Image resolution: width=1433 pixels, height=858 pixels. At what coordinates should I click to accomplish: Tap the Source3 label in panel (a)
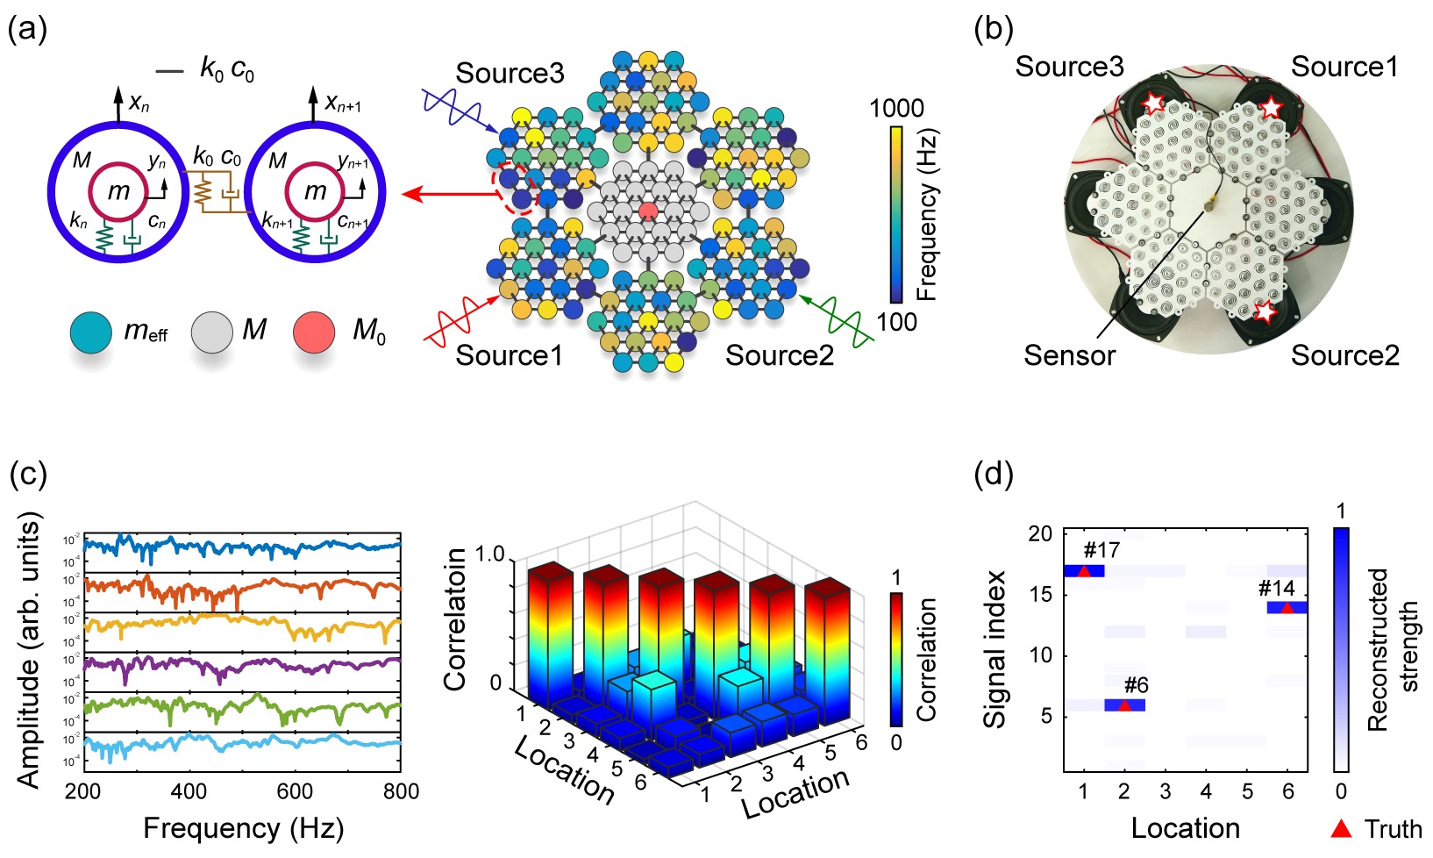510,73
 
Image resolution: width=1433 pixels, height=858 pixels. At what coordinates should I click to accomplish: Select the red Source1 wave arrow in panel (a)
460,319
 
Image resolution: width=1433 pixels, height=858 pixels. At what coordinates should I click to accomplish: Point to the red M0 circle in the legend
314,332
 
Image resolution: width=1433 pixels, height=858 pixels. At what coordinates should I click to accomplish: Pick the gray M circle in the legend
211,332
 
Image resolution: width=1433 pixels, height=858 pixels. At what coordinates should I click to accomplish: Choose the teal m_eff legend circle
90,332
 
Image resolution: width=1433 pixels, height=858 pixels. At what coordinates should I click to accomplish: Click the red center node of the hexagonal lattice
648,211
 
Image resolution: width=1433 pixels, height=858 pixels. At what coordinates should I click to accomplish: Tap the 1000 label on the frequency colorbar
896,109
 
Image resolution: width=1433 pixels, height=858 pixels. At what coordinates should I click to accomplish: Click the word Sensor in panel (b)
1069,355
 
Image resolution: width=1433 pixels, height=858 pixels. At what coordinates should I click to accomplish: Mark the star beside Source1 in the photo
1271,107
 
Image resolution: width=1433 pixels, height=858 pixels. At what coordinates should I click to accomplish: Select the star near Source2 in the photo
1264,311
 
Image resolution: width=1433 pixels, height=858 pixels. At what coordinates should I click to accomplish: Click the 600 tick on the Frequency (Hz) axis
295,791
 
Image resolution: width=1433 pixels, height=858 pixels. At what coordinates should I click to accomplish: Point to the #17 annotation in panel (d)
1101,551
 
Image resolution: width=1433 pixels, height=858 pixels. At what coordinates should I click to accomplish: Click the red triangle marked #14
1287,607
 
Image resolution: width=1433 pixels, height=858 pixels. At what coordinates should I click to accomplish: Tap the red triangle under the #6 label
1124,704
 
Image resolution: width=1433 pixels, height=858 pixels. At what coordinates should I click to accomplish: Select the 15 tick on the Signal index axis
1040,595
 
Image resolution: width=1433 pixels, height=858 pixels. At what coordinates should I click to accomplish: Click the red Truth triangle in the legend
1341,828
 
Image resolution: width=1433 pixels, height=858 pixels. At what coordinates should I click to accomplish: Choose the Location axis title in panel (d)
1185,828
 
